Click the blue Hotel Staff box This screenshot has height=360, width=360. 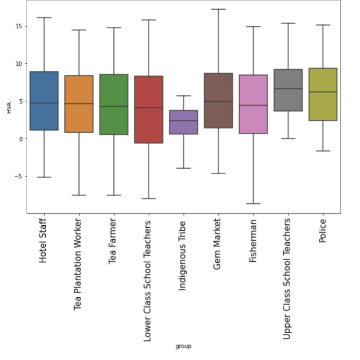[x=44, y=101]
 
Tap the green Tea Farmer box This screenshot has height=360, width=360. [x=114, y=104]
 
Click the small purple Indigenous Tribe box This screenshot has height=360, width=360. [x=184, y=122]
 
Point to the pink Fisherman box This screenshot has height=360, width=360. [x=253, y=104]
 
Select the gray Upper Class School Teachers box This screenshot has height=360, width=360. [x=288, y=90]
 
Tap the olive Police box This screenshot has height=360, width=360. [x=323, y=94]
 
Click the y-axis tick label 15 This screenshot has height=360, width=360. [x=20, y=26]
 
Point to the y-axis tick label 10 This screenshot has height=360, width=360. [x=20, y=64]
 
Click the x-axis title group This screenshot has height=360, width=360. [x=183, y=346]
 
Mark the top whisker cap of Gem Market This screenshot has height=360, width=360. [x=219, y=9]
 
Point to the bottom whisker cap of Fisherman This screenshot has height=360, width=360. [x=253, y=204]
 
